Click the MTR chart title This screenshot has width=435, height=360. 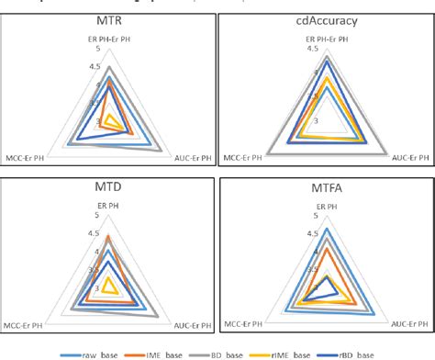(x=108, y=19)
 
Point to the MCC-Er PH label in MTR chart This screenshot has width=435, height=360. (x=28, y=157)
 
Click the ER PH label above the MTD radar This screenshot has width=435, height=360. (x=109, y=206)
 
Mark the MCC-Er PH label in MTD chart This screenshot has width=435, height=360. (x=28, y=326)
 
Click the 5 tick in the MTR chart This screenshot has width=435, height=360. (x=110, y=49)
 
